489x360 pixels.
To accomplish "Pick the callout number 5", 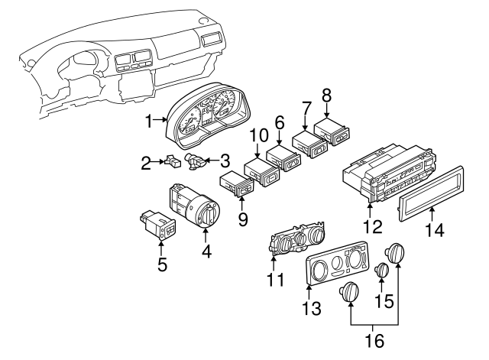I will point(161,264).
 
